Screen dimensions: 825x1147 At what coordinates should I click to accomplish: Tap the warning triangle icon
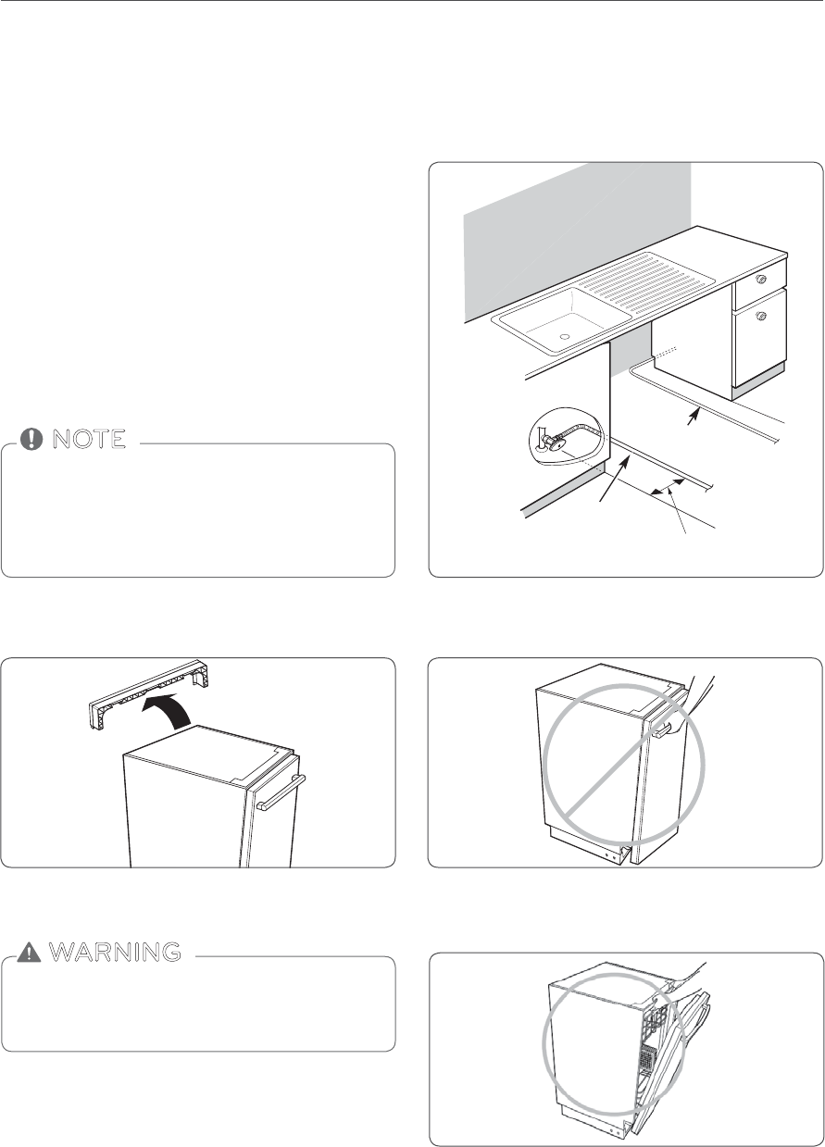[33, 951]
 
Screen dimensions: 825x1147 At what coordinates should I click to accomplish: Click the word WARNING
[114, 951]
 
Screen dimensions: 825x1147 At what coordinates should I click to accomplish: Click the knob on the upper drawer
[761, 278]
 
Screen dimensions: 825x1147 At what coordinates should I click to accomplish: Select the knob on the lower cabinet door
[761, 317]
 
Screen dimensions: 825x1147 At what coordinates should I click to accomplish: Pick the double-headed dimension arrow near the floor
[669, 488]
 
